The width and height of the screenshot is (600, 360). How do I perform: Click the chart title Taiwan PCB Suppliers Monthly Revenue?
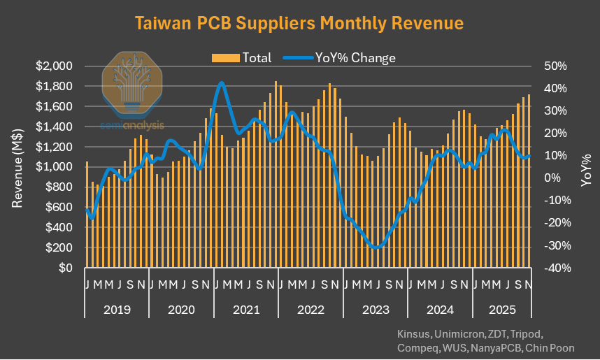(x=299, y=23)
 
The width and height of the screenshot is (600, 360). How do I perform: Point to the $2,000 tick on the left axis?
(x=54, y=66)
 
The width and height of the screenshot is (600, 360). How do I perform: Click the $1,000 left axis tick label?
(x=54, y=167)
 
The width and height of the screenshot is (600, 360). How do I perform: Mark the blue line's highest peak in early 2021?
(x=221, y=82)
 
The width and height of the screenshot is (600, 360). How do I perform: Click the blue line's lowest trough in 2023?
(x=376, y=247)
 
